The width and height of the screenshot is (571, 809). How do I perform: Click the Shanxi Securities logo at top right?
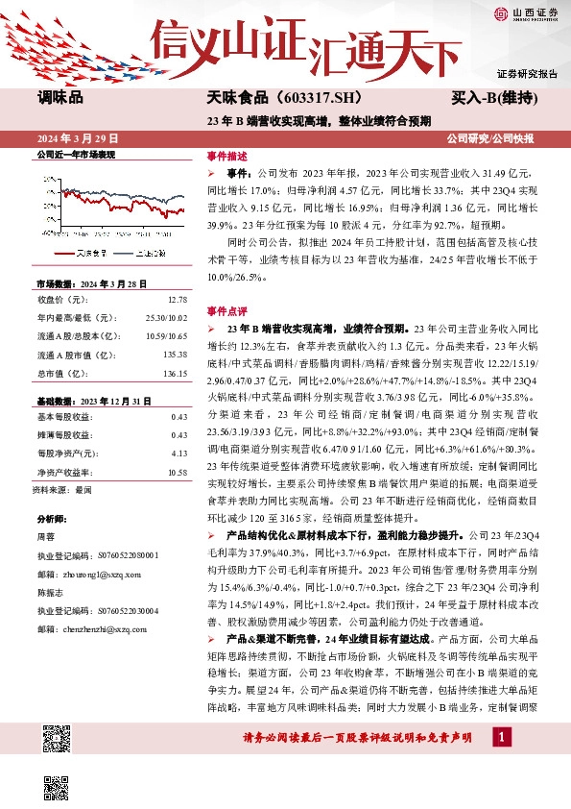tap(526, 13)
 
